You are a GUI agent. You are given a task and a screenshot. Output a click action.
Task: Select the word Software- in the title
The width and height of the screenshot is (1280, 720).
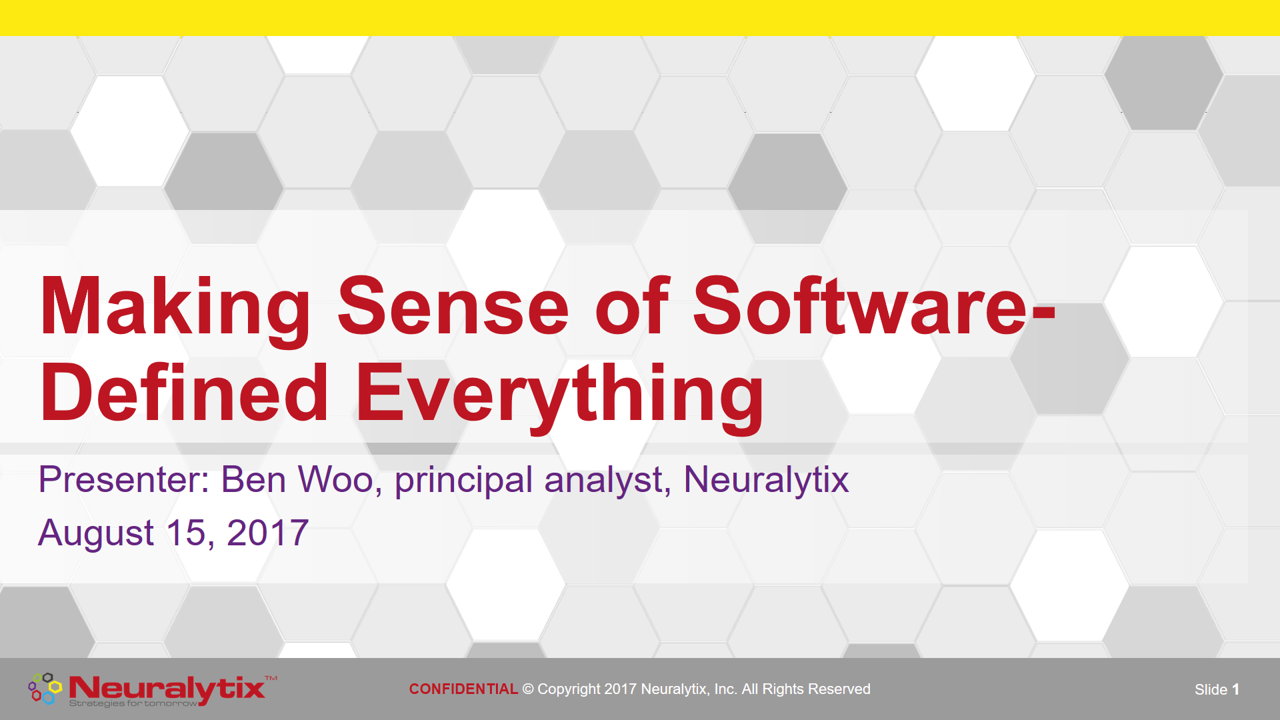(875, 305)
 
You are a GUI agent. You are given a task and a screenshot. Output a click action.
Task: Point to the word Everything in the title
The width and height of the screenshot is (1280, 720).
(560, 397)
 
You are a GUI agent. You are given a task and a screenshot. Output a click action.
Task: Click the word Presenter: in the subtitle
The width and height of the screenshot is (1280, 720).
(124, 479)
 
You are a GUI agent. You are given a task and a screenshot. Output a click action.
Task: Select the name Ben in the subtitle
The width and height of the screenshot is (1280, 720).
(253, 479)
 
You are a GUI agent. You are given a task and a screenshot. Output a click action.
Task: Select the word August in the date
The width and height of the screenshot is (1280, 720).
(97, 534)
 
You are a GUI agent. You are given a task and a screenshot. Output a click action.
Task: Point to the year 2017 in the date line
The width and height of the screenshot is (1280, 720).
(268, 533)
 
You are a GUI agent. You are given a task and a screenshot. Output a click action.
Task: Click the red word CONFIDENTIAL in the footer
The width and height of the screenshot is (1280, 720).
(463, 689)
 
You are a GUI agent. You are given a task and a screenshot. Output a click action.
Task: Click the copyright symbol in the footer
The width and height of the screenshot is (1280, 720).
(528, 689)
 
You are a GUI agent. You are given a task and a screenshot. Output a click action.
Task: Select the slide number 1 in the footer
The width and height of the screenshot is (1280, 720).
(1235, 690)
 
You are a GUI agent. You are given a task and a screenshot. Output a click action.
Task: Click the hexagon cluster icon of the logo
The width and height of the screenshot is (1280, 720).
(45, 689)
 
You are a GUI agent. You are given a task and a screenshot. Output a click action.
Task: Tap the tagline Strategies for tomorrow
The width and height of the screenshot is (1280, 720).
(133, 703)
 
